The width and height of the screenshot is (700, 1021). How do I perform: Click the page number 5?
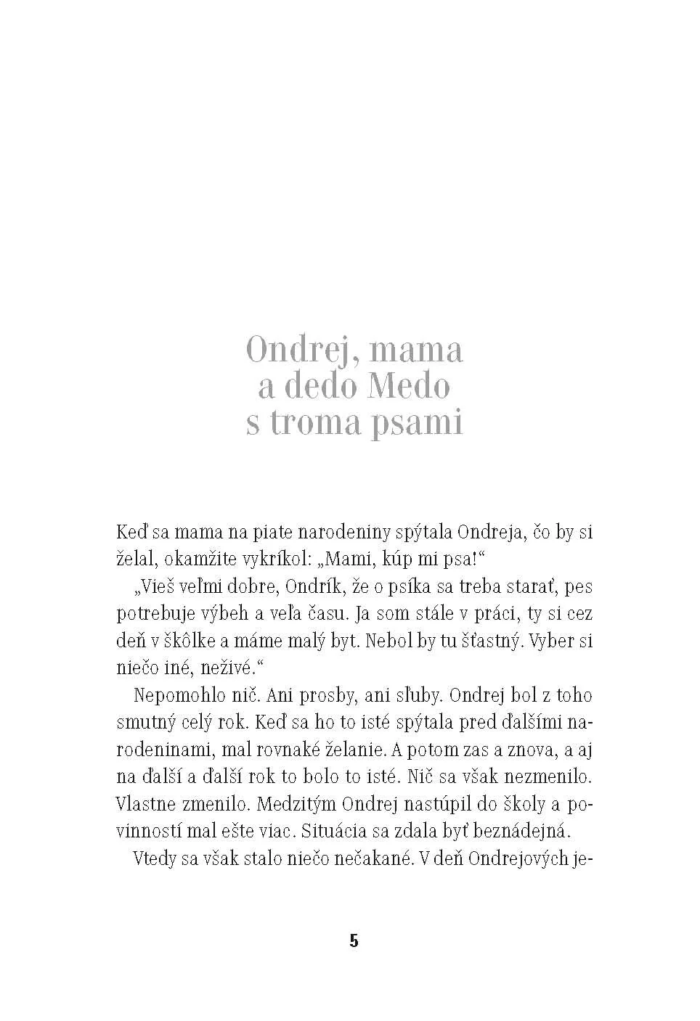tap(354, 941)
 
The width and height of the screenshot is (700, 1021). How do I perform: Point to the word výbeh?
tap(227, 614)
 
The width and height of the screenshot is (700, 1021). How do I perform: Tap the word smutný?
tap(146, 723)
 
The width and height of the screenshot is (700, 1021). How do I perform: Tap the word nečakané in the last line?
tap(372, 859)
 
